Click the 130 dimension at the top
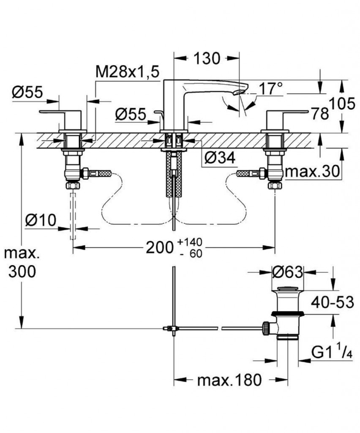click(x=207, y=58)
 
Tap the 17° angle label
click(x=270, y=89)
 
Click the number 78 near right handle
click(x=320, y=113)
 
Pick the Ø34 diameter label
click(x=219, y=158)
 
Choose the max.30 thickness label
click(x=313, y=172)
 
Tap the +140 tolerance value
click(x=190, y=242)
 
